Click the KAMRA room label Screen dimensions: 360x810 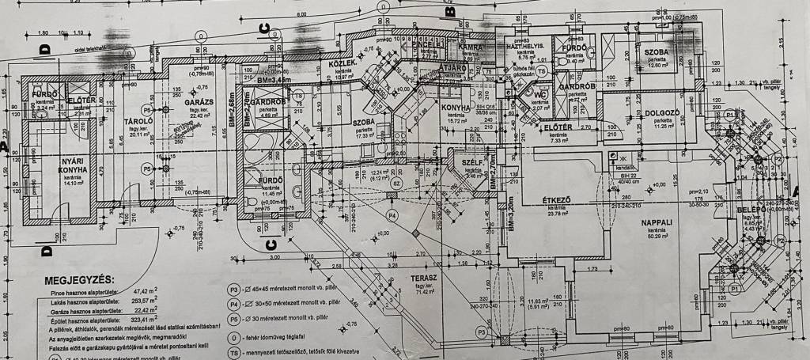pyautogui.click(x=471, y=47)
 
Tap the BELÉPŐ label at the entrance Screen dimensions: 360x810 pyautogui.click(x=748, y=210)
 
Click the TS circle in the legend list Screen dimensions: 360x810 pyautogui.click(x=233, y=352)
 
